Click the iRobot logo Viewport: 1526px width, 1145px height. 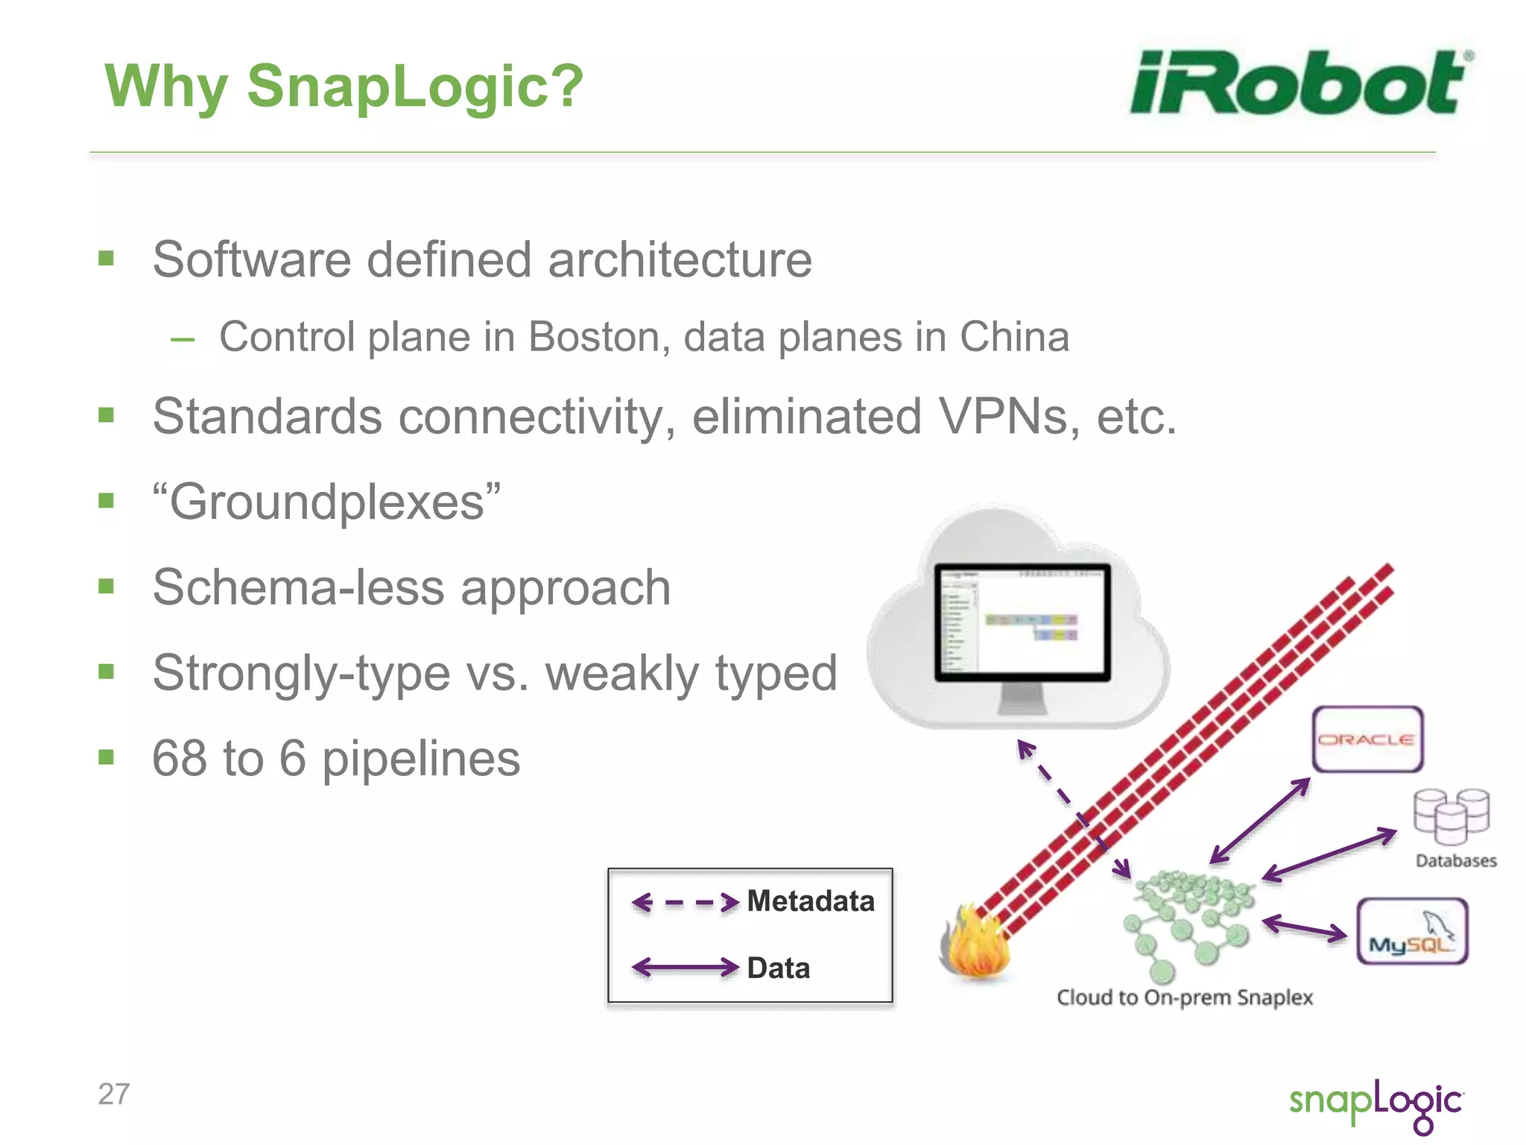[x=1300, y=83]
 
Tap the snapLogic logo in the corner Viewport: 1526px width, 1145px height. [x=1375, y=1104]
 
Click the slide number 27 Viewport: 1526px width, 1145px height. [x=113, y=1094]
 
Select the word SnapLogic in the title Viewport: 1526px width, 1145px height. [x=414, y=86]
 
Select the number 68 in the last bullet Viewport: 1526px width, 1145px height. [x=179, y=759]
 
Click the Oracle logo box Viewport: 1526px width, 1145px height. [x=1367, y=739]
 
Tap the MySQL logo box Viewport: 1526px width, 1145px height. [x=1411, y=931]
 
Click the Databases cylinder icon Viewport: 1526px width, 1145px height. [x=1451, y=816]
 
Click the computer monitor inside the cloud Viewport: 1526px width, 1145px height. [x=1022, y=623]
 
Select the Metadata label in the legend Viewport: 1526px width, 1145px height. [x=810, y=901]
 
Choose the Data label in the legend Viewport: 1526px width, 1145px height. [x=778, y=968]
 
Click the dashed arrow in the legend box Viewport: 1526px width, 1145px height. [x=685, y=903]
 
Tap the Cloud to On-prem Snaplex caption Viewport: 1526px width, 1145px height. [x=1184, y=997]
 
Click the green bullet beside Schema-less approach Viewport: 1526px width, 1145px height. [x=107, y=587]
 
